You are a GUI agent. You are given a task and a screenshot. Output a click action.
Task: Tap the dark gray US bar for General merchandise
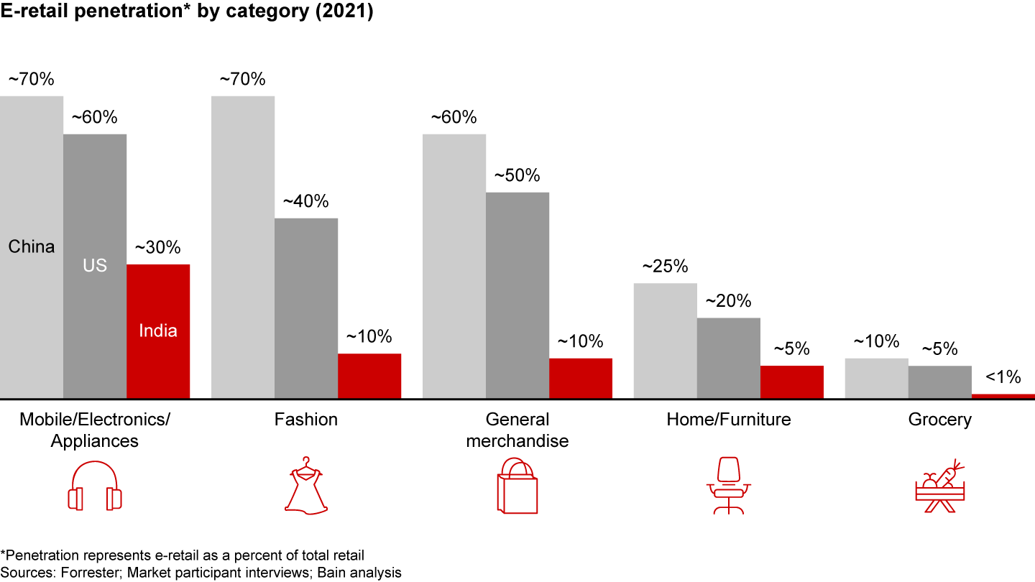point(517,295)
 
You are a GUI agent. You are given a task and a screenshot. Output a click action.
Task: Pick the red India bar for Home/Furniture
point(792,382)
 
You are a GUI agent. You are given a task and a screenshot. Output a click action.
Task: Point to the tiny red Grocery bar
point(1003,395)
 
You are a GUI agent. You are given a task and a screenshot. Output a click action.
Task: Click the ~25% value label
point(665,267)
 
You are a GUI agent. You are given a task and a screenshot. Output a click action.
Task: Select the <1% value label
point(1003,377)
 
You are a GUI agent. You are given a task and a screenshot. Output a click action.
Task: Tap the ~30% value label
point(158,248)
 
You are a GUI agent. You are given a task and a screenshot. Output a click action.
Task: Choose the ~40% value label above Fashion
point(306,201)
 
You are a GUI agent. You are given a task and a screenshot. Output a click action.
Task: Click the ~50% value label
point(517,175)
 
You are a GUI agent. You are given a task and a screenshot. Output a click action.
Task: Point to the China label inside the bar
point(32,247)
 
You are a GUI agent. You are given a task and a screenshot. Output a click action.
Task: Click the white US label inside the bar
point(95,266)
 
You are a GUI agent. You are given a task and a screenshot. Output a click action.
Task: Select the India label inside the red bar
point(158,331)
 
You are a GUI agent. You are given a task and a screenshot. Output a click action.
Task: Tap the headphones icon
point(95,486)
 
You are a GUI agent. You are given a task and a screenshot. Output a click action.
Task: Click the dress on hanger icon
point(306,486)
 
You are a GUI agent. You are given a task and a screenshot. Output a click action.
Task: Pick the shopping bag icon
point(517,486)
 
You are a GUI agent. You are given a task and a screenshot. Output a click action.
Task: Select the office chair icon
point(729,486)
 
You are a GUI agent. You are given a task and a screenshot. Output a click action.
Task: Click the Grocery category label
point(939,420)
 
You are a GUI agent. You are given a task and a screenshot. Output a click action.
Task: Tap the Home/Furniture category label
point(729,420)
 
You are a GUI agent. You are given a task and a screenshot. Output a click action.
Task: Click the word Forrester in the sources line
point(80,572)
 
